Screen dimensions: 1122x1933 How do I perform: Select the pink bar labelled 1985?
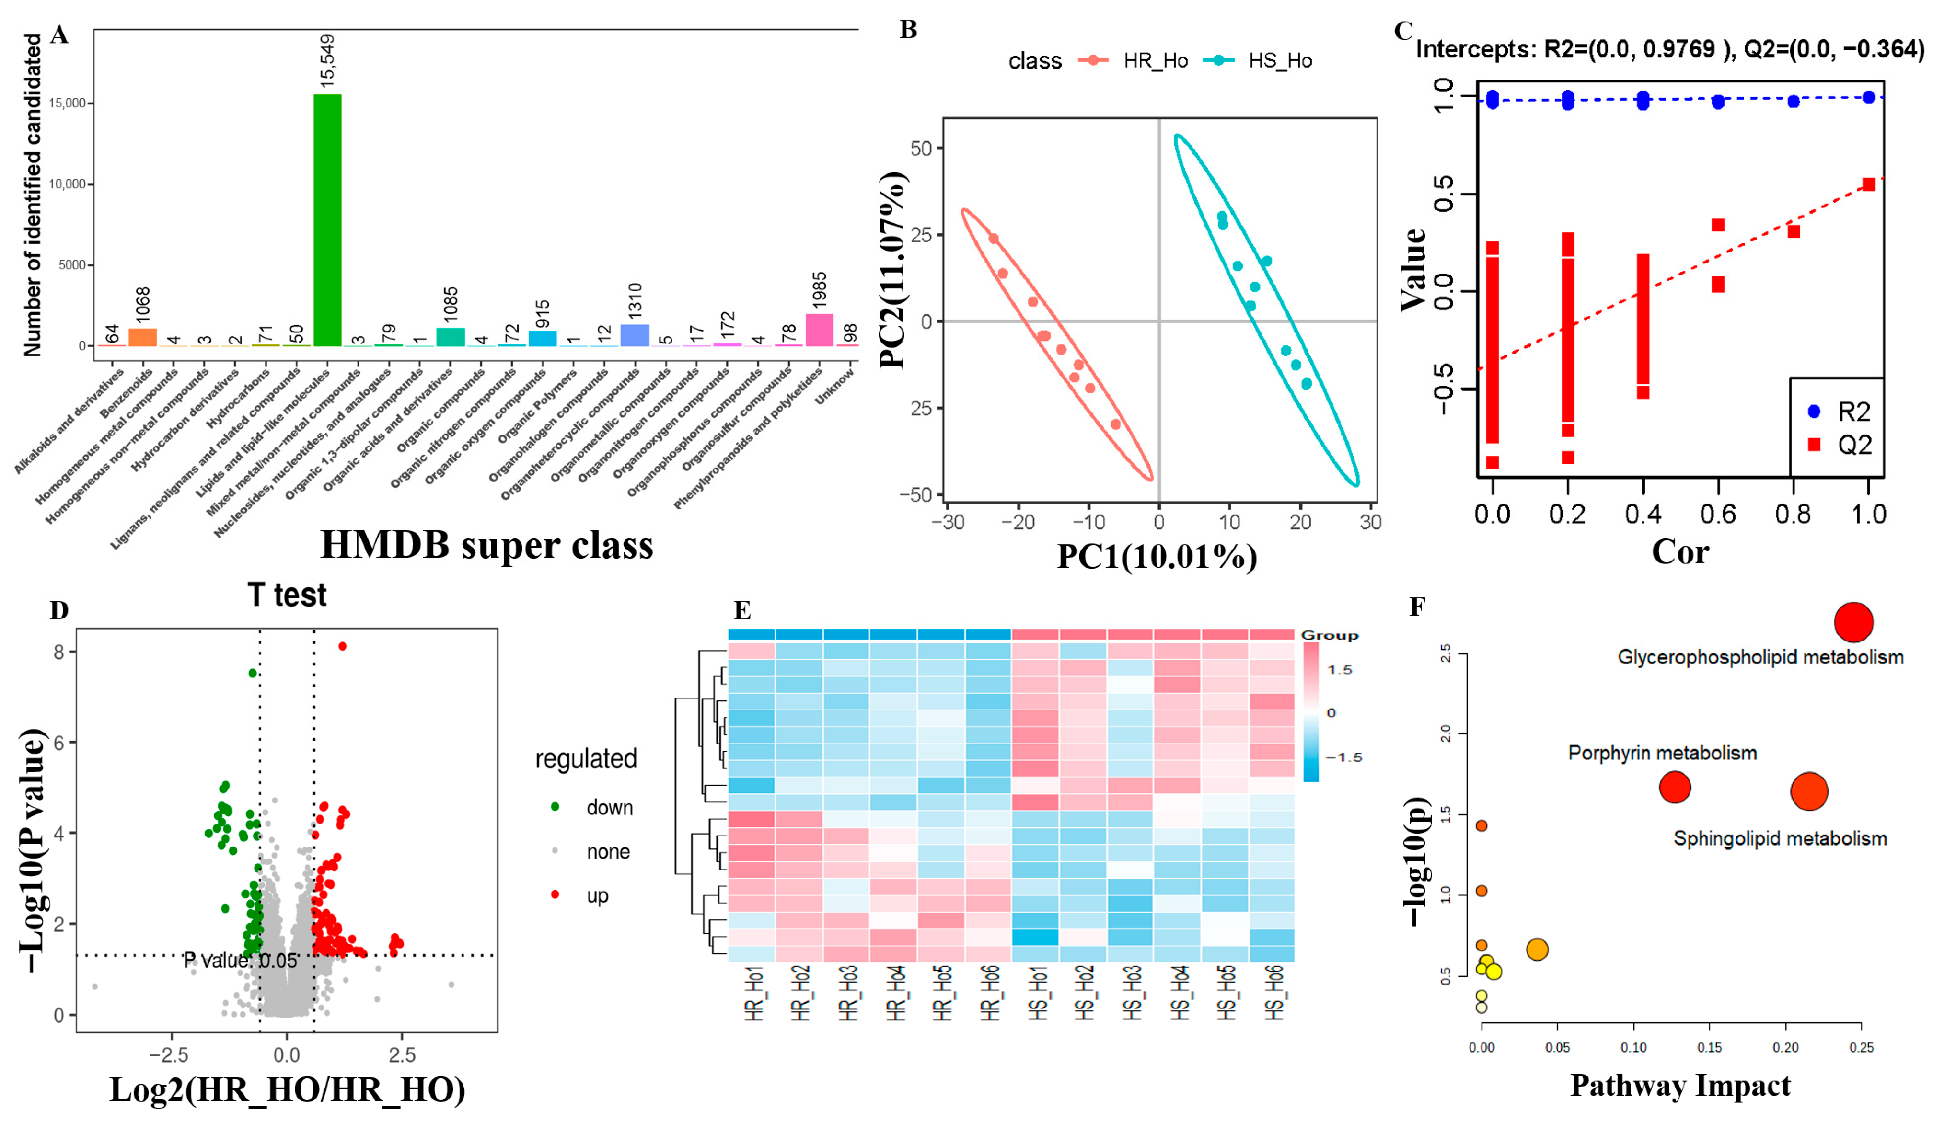coord(819,330)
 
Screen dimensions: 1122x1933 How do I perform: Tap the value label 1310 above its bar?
coord(635,301)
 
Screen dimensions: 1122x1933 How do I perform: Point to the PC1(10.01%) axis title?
coord(1157,556)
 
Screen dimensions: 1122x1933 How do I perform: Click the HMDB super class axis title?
coord(486,545)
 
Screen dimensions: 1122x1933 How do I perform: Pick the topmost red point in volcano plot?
coord(342,646)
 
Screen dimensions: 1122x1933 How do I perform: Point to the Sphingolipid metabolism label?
coord(1780,838)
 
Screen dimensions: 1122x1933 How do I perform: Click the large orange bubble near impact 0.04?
coord(1537,950)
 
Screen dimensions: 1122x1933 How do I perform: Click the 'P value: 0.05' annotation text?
coord(240,960)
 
